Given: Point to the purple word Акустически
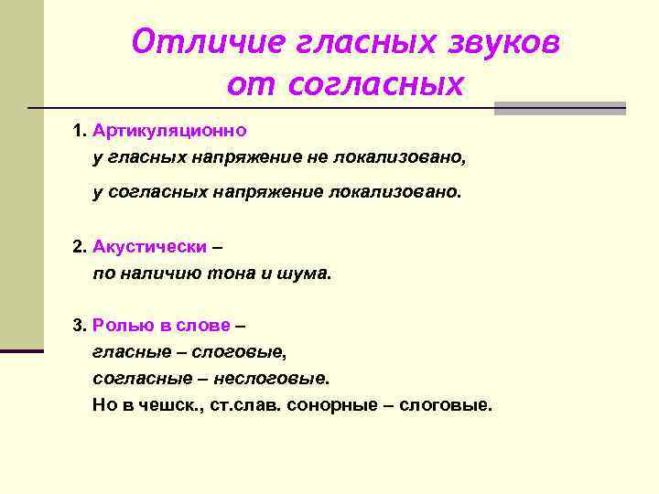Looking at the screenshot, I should [149, 247].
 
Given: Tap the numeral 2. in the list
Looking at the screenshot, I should [80, 247].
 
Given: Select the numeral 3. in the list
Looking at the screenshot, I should [80, 325].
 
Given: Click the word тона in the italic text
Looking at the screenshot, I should [232, 273].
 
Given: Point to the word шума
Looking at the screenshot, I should [308, 273].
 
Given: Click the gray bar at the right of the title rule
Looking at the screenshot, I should [559, 108].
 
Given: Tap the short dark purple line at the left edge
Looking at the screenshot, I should [21, 350].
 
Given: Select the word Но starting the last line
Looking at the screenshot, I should [102, 403].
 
